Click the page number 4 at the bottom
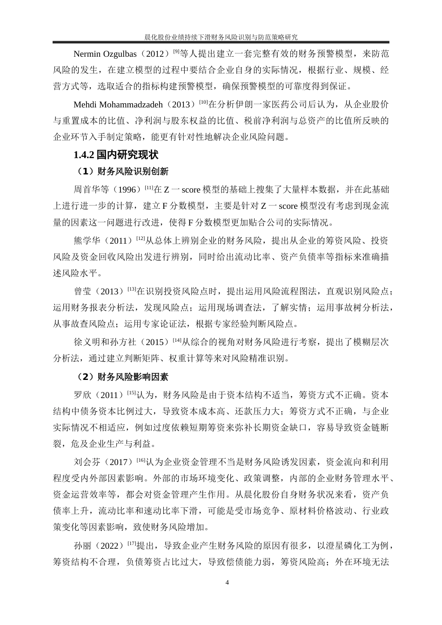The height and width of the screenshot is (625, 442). coord(227,582)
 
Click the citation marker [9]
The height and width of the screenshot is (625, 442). coord(176,51)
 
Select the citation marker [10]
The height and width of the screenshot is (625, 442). coord(203,101)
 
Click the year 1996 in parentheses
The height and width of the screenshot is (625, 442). coord(127,190)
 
